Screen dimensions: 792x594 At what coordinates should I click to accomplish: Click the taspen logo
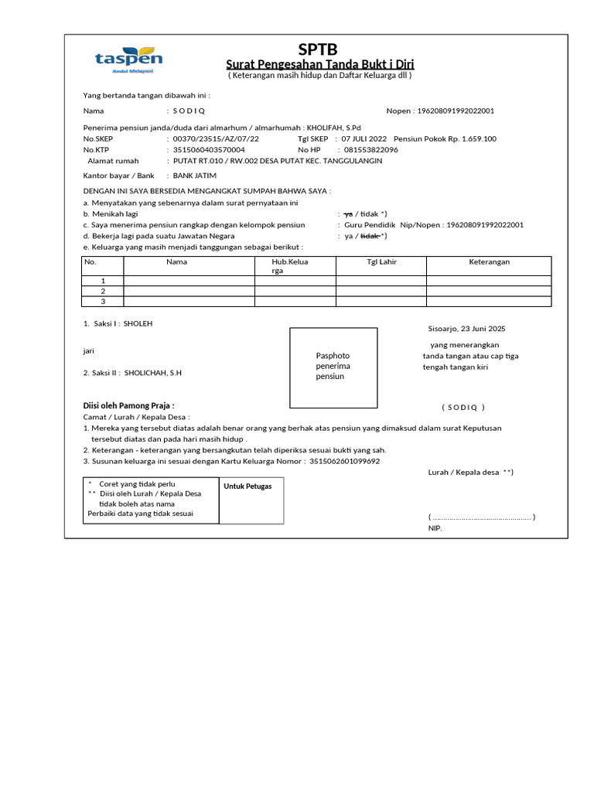point(128,60)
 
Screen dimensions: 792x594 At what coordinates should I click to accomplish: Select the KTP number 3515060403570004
point(209,150)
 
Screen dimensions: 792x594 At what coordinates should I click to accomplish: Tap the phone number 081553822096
point(371,150)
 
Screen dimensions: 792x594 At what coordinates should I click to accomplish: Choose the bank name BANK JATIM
point(195,176)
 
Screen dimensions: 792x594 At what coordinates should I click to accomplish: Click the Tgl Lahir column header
point(381,262)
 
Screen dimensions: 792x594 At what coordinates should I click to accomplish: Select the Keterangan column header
point(489,262)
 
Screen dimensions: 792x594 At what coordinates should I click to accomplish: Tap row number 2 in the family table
point(103,291)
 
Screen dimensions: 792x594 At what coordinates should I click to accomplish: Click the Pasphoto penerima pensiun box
point(333,367)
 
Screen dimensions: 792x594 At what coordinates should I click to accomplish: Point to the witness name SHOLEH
point(138,323)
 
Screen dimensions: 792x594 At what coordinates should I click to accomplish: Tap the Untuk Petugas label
point(248,486)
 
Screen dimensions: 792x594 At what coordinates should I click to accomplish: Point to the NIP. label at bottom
point(435,528)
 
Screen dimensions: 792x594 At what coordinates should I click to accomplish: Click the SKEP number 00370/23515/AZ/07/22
point(216,139)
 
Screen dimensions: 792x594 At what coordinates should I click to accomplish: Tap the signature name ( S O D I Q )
point(463,408)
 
